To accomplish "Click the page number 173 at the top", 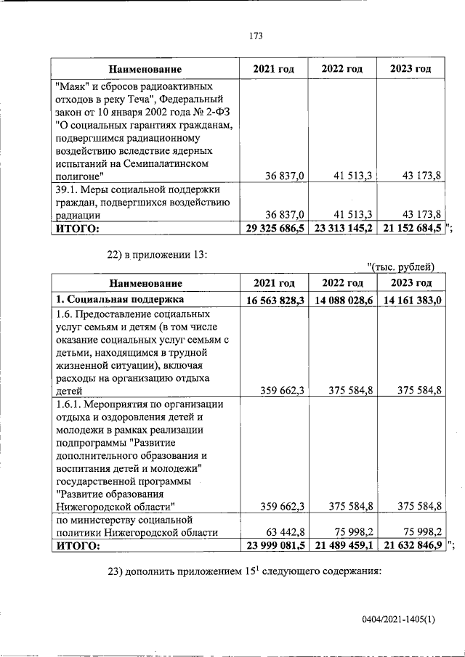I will tap(254, 35).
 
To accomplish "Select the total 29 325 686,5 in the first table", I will tap(275, 229).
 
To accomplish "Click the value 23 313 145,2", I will tap(343, 229).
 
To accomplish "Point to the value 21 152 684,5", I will tap(411, 229).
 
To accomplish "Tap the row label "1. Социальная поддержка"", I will tap(116, 299).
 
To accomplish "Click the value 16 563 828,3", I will tap(275, 299).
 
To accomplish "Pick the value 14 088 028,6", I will tap(343, 299).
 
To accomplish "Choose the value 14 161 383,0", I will tap(411, 299).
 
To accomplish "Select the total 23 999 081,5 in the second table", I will tap(275, 546).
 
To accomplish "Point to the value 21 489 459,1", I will tap(343, 546).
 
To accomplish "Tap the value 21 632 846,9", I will tap(411, 546).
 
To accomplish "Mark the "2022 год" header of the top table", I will tap(342, 69).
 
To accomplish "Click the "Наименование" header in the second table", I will tap(145, 283).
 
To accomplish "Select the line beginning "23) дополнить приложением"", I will tap(243, 571).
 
